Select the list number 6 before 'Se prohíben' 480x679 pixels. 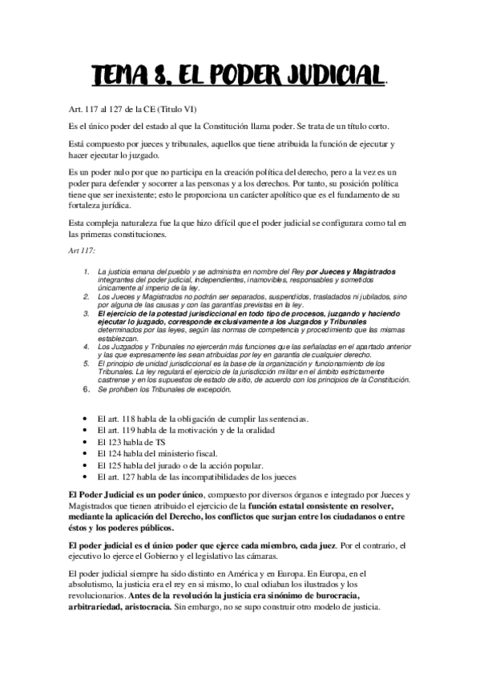[x=87, y=389]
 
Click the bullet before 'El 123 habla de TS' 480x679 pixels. [x=87, y=441]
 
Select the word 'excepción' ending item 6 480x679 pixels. [x=208, y=389]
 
